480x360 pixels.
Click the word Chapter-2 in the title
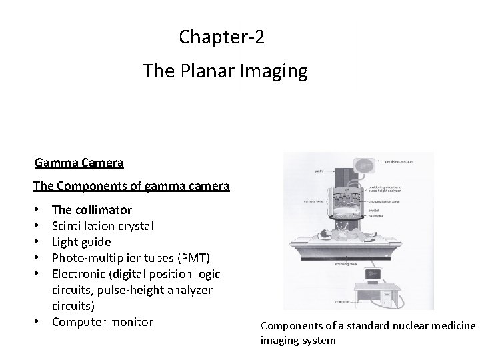pyautogui.click(x=221, y=37)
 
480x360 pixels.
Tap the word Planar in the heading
pyautogui.click(x=206, y=71)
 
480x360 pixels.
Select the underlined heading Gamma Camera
pyautogui.click(x=79, y=162)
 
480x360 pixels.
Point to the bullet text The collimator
pyautogui.click(x=91, y=210)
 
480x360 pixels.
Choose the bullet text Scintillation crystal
pyautogui.click(x=103, y=226)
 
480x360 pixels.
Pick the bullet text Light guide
pyautogui.click(x=81, y=242)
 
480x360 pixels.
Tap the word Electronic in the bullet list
pyautogui.click(x=79, y=274)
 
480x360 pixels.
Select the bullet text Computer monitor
pyautogui.click(x=102, y=322)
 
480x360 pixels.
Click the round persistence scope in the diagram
pyautogui.click(x=365, y=167)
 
